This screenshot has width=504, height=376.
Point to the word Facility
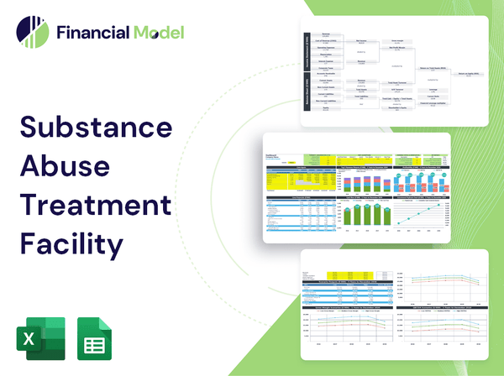71,244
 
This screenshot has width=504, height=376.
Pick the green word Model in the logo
158,34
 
